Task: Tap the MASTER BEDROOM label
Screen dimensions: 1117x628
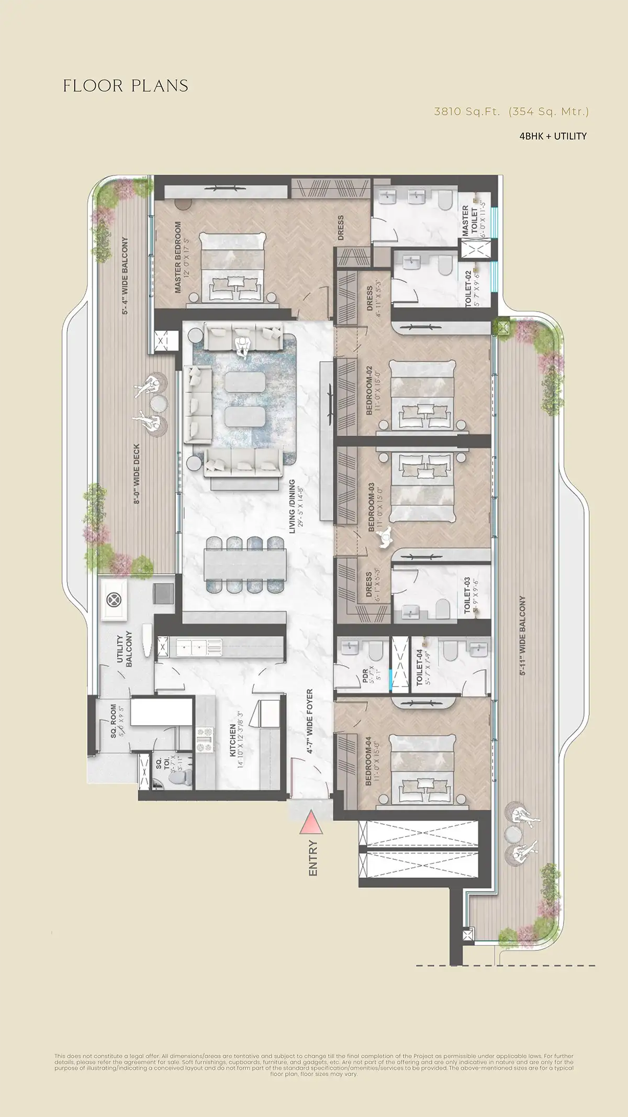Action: [178, 257]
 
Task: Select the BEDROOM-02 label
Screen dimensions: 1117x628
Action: [369, 390]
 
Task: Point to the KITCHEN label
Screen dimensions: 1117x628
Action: [233, 741]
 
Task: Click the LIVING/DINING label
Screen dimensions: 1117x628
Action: [293, 506]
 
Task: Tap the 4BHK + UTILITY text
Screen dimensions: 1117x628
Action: [553, 136]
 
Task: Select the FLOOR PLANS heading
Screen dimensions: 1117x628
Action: [126, 86]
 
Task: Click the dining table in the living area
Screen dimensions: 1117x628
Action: [246, 565]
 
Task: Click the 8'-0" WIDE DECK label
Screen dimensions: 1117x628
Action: [137, 474]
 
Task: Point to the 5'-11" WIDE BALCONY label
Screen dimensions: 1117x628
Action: [522, 635]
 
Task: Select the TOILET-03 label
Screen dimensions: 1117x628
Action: [467, 595]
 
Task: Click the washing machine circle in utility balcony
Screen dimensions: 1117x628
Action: [114, 600]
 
